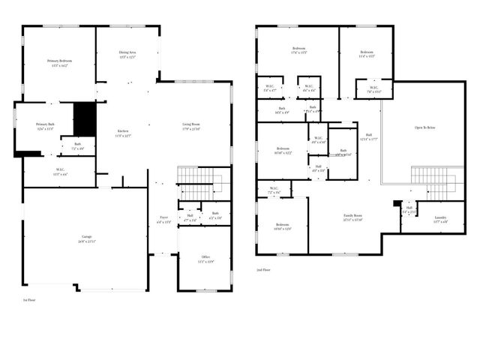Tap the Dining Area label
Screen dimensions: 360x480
(x=127, y=52)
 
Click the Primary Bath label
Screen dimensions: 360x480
(x=46, y=124)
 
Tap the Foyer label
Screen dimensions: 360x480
(x=163, y=219)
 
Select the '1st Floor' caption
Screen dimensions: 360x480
(x=29, y=298)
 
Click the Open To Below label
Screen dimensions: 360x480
(x=425, y=127)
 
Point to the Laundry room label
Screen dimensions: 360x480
(x=440, y=217)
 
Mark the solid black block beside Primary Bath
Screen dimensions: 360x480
(x=85, y=118)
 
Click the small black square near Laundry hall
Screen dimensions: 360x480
(x=397, y=202)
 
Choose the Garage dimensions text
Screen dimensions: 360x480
(x=85, y=241)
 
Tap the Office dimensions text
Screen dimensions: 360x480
(x=205, y=262)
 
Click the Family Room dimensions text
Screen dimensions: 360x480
(x=352, y=220)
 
